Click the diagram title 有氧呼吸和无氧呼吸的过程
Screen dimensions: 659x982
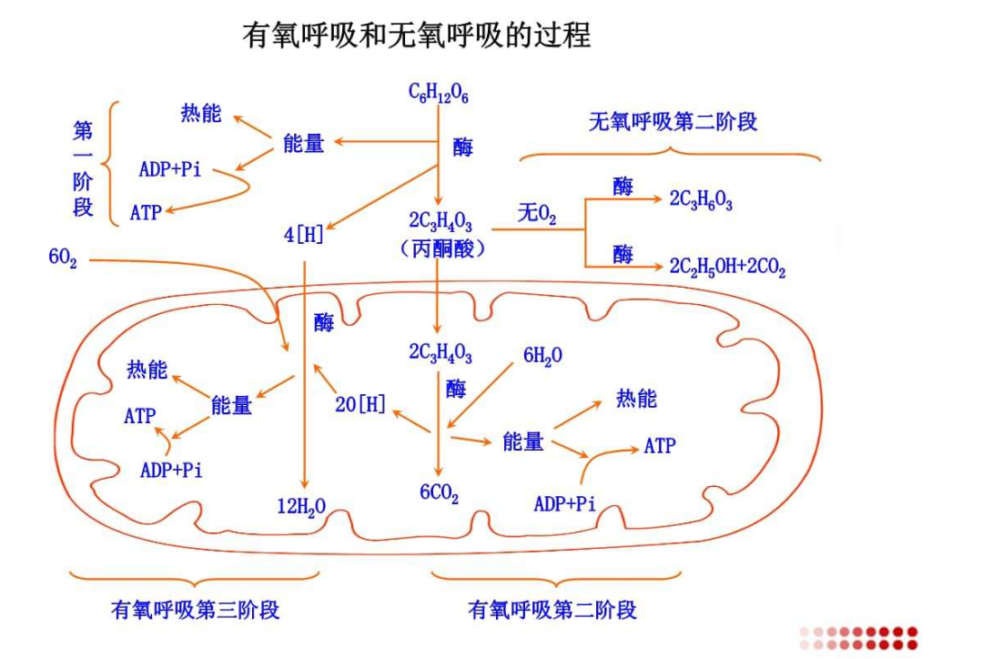[416, 35]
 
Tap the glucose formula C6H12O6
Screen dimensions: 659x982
[439, 93]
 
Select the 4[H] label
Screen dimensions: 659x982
[304, 235]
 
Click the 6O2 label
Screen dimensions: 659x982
[63, 259]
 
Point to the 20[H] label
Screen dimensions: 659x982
[360, 404]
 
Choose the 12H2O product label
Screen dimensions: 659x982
[301, 506]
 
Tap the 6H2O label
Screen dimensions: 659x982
[542, 356]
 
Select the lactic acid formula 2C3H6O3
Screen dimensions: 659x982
[701, 201]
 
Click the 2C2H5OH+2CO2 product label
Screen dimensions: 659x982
[727, 268]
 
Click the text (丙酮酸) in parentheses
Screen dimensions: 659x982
[441, 248]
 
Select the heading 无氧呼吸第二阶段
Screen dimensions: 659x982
[673, 122]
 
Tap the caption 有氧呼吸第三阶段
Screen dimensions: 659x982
[195, 609]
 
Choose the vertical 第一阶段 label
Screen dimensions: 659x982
[83, 168]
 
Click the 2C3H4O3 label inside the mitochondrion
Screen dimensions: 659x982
[440, 353]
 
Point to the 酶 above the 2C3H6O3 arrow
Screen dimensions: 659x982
[623, 187]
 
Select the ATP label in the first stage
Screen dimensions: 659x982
[146, 213]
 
